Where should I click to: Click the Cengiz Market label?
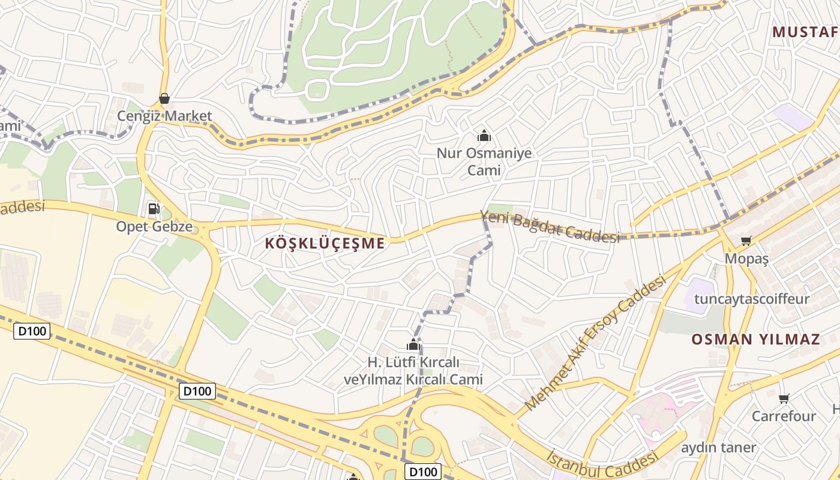164,116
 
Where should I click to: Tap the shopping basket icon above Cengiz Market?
164,98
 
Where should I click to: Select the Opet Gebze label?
154,227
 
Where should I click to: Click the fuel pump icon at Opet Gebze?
154,209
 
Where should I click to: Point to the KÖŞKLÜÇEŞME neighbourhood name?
325,244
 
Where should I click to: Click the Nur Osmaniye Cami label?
484,161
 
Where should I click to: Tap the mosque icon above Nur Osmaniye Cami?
484,136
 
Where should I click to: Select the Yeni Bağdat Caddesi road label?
550,227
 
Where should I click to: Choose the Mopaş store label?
747,259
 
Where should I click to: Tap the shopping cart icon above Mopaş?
746,241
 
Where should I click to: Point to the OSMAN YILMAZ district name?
755,339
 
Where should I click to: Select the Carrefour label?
784,416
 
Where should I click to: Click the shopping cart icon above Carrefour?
784,398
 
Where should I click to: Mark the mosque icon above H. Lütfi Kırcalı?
413,344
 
